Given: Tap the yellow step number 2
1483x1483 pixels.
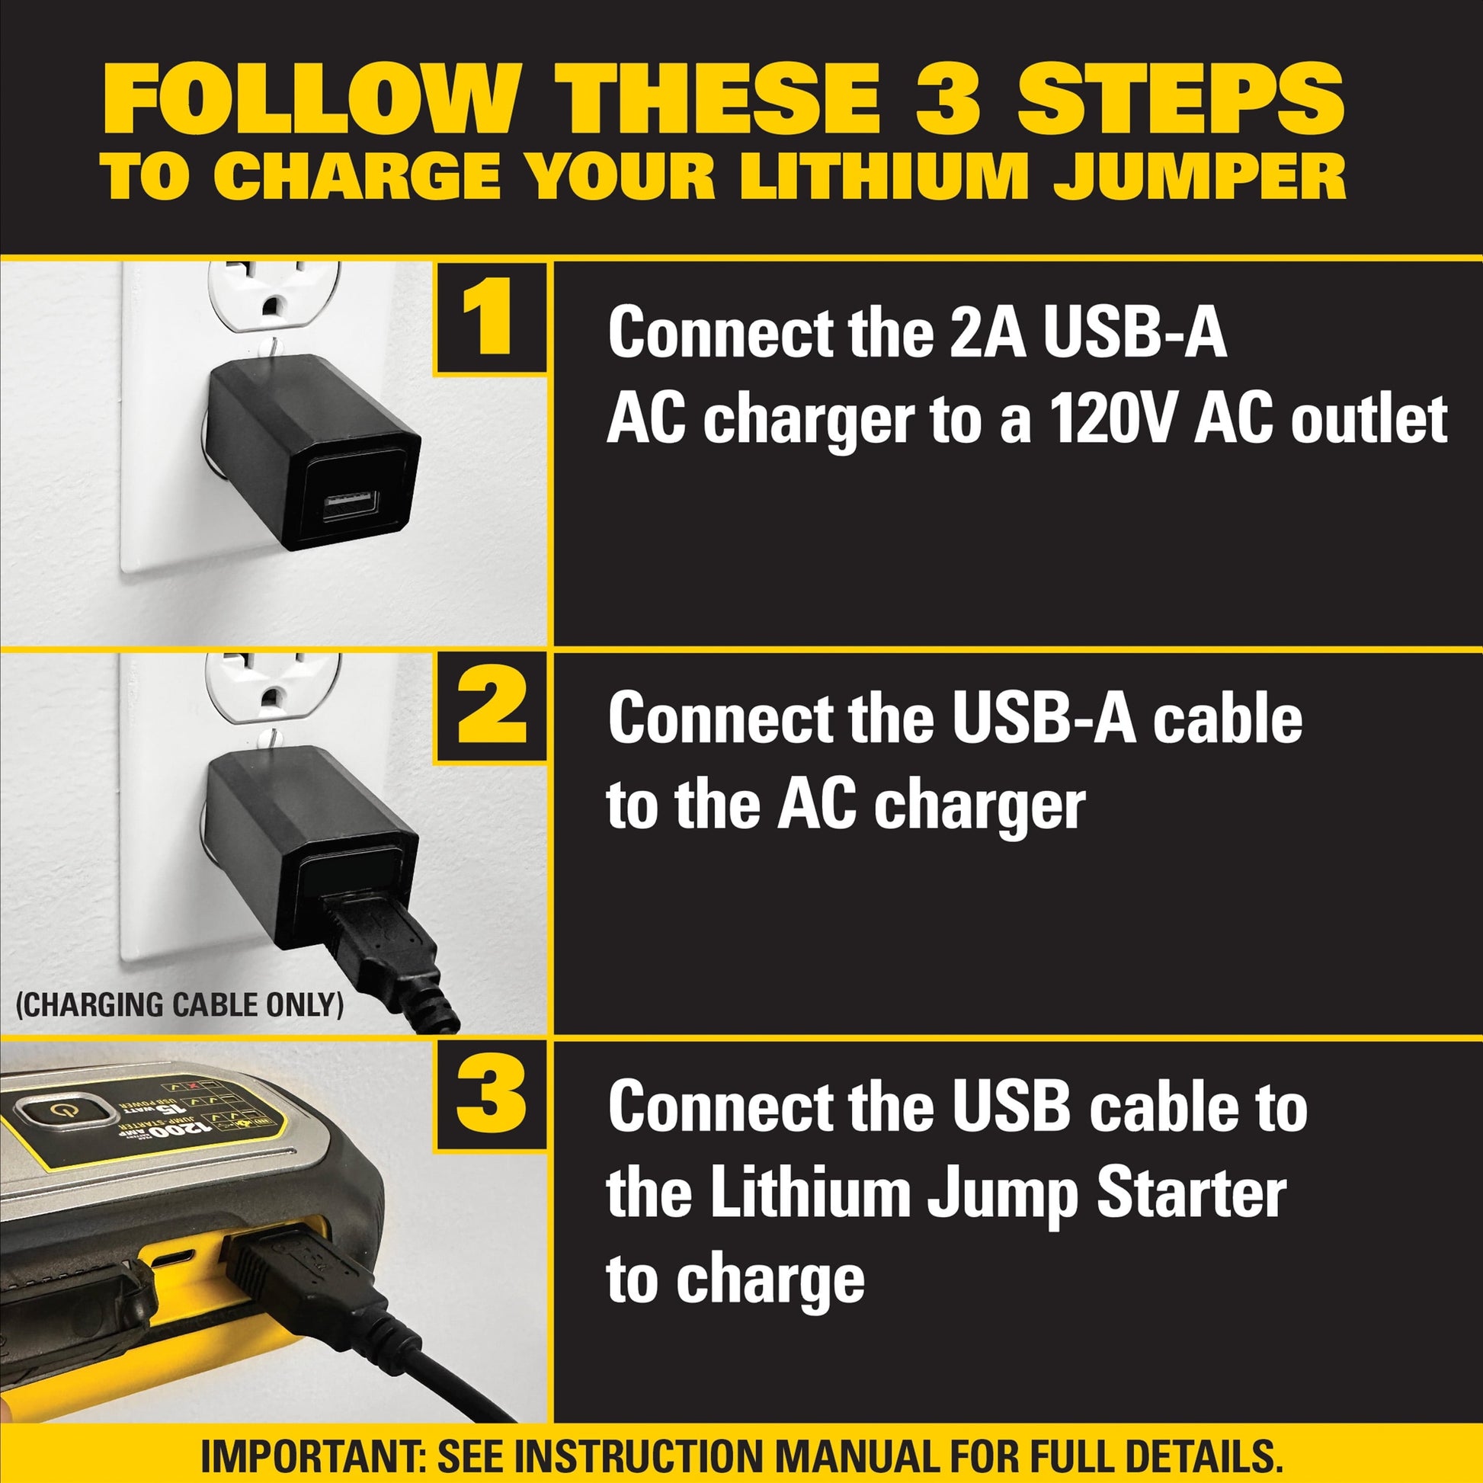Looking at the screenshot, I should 492,707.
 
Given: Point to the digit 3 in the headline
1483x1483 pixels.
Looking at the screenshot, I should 947,100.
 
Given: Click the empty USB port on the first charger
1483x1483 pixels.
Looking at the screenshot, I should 351,506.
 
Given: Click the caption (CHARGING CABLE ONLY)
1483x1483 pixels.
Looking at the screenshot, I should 180,1004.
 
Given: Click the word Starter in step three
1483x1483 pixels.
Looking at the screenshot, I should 1191,1193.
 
